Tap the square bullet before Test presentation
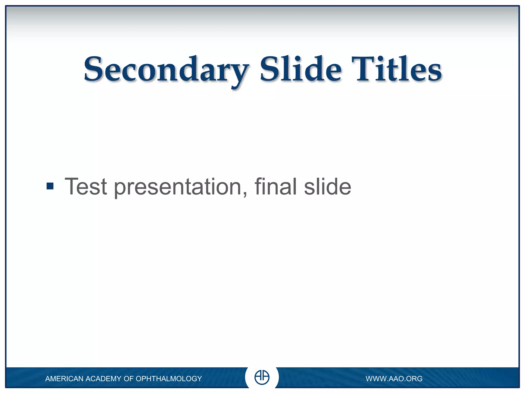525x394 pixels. click(x=50, y=186)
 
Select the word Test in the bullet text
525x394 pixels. click(x=86, y=187)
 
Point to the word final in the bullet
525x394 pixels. click(x=276, y=186)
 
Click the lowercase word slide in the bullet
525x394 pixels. click(x=327, y=186)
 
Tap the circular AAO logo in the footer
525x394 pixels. click(x=262, y=377)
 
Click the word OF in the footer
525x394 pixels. click(x=128, y=379)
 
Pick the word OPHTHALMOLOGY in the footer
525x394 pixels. click(x=169, y=379)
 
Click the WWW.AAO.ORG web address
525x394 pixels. click(x=394, y=379)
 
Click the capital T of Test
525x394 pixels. click(x=72, y=186)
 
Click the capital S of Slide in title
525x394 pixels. click(x=269, y=69)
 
